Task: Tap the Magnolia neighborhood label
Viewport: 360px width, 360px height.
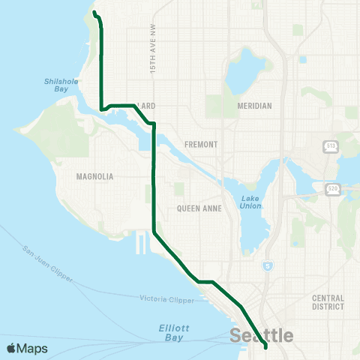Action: (x=94, y=176)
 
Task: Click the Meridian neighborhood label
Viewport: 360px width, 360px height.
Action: (x=253, y=106)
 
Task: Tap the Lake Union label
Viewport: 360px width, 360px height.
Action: (x=250, y=202)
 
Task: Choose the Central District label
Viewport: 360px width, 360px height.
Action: (x=328, y=301)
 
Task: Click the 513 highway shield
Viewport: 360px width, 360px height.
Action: (x=330, y=145)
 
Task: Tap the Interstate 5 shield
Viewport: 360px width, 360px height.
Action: (x=268, y=266)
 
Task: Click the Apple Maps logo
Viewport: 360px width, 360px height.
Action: (x=27, y=348)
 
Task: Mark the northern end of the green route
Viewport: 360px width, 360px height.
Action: (x=94, y=12)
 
